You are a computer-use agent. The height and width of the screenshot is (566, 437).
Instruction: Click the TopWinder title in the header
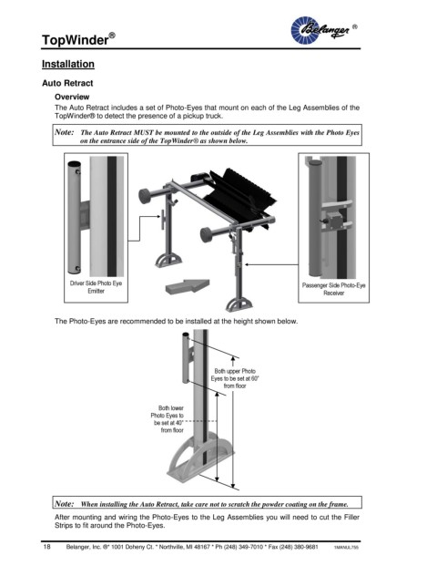pos(78,39)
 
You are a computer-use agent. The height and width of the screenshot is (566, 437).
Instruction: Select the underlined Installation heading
pos(68,64)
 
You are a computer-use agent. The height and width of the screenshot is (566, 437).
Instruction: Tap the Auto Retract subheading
pos(67,83)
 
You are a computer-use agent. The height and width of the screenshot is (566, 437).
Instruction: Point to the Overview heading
pos(72,97)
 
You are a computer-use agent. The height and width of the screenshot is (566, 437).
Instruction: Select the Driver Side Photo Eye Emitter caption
pos(96,287)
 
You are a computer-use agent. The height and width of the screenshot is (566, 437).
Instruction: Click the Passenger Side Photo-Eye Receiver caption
pos(333,289)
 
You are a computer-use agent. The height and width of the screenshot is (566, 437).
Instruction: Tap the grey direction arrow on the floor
pos(188,286)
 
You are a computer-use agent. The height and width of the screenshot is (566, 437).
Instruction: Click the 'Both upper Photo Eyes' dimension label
pos(235,378)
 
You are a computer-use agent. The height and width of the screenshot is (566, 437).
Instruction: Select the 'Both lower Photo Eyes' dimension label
pos(168,419)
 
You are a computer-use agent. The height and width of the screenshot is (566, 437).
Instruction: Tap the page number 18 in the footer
pos(46,547)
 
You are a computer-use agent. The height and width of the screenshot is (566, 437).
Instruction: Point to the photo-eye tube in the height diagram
pos(186,357)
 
